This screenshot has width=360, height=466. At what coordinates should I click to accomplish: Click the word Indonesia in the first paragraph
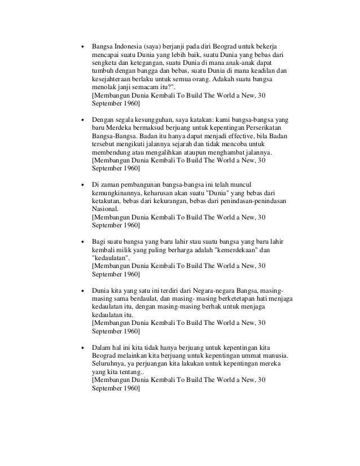[127, 46]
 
